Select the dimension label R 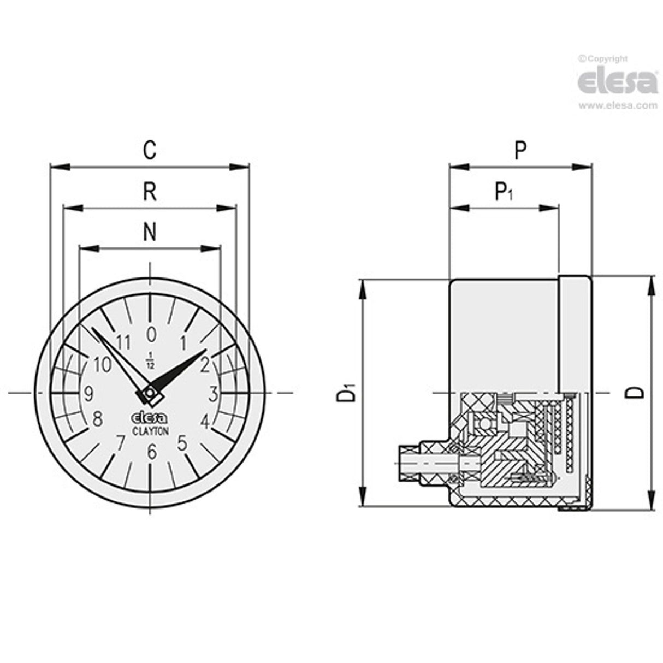tap(150, 192)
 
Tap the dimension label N tap(150, 233)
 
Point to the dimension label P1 tap(503, 192)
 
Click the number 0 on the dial tap(152, 333)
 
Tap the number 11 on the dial tap(124, 343)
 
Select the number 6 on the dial tap(152, 451)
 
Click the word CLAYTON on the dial tap(151, 430)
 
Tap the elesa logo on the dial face tap(150, 418)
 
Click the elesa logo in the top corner tap(618, 82)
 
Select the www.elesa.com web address tap(618, 106)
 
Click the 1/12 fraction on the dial tap(151, 361)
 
